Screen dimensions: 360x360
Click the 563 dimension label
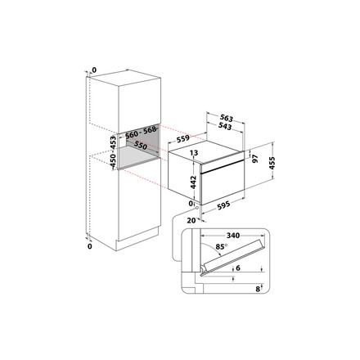(x=227, y=118)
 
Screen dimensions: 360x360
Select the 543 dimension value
(x=225, y=126)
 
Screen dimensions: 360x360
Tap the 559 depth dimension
(x=183, y=138)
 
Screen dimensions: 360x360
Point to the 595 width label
(x=223, y=205)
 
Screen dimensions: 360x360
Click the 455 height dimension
(x=272, y=163)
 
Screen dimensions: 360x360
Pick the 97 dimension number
(x=255, y=159)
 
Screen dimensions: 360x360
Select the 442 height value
(x=193, y=182)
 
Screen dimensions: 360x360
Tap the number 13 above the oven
(x=194, y=153)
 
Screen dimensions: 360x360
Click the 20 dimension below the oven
(x=191, y=220)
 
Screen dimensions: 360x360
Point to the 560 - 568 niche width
(x=141, y=132)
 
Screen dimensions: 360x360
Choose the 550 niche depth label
(x=141, y=146)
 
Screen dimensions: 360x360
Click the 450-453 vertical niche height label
(x=113, y=152)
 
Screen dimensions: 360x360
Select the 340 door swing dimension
(x=233, y=236)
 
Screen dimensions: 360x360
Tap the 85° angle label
(x=222, y=246)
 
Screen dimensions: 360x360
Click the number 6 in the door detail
(x=238, y=268)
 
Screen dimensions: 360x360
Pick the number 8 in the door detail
(x=258, y=289)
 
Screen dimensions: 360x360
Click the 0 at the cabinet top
(x=94, y=70)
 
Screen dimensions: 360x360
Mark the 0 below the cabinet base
(x=90, y=246)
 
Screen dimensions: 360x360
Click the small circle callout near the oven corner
(x=196, y=208)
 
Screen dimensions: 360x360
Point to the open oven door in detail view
(x=233, y=257)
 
